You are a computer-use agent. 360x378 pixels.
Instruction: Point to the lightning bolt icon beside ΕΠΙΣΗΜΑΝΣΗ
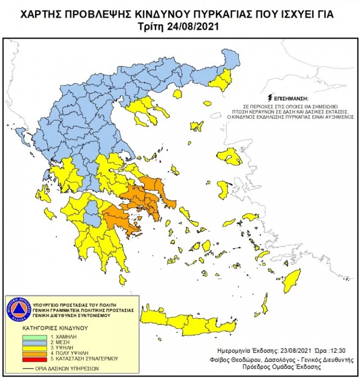click(269, 97)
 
